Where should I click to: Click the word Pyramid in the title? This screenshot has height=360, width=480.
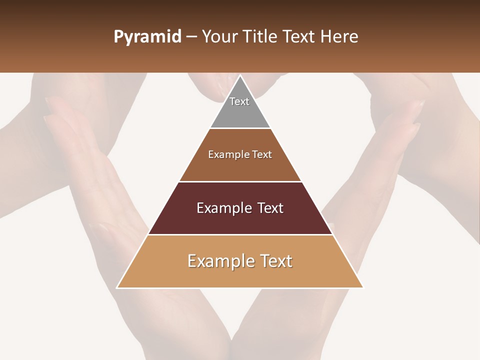click(x=147, y=37)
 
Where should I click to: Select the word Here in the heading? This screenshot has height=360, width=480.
click(x=338, y=36)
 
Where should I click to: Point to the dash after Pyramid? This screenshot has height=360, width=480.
click(x=191, y=37)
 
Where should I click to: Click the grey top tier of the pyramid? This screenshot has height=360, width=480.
click(x=240, y=112)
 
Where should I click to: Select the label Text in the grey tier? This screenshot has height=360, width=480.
click(x=239, y=101)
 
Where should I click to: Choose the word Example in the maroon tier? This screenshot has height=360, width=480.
click(x=222, y=208)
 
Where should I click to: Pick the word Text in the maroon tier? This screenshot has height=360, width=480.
click(x=270, y=208)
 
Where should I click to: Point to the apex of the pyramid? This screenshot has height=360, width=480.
click(x=240, y=76)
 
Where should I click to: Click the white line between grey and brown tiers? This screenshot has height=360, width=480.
click(x=240, y=128)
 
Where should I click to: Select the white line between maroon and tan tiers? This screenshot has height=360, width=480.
click(x=240, y=234)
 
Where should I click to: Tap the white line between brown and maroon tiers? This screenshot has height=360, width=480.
click(x=240, y=181)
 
